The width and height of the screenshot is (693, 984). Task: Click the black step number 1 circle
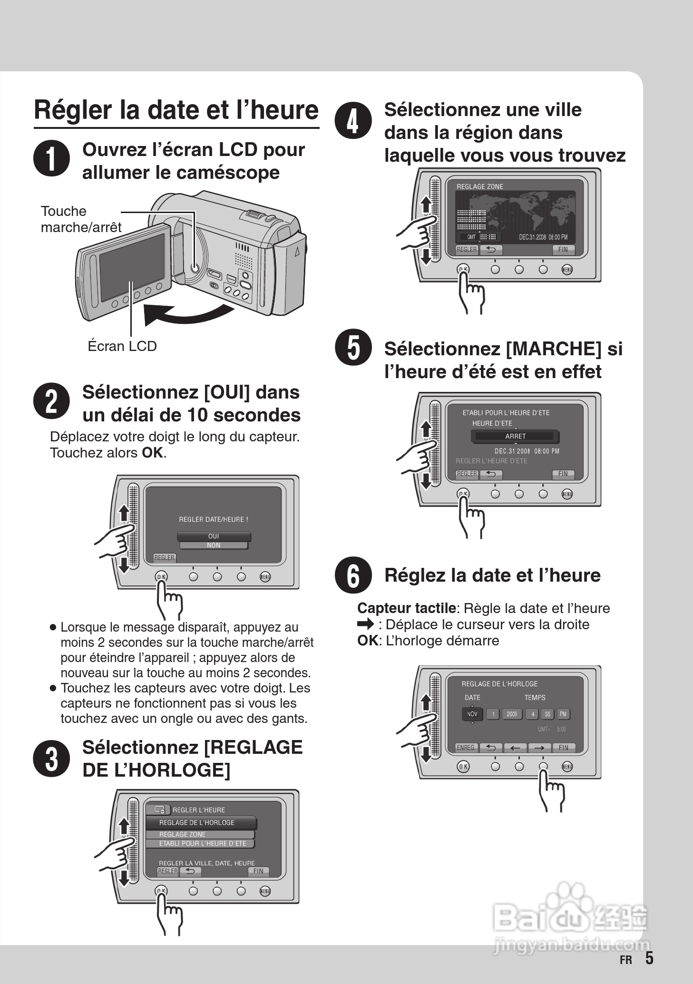(x=51, y=159)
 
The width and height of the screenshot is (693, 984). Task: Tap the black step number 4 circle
(x=353, y=121)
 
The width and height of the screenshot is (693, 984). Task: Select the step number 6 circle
(x=353, y=575)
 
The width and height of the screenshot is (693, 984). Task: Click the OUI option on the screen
(x=214, y=536)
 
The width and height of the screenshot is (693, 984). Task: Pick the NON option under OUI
(x=214, y=545)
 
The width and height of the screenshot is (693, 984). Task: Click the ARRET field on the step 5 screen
(x=515, y=436)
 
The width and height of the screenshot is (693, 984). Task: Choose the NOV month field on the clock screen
(x=472, y=714)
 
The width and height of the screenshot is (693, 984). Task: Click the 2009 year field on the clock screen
(x=512, y=714)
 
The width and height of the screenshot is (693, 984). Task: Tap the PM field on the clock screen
(x=563, y=714)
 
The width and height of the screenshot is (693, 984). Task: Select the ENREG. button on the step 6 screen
(x=466, y=748)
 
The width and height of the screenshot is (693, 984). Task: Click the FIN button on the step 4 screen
(x=563, y=249)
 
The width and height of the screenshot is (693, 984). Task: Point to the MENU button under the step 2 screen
(x=265, y=577)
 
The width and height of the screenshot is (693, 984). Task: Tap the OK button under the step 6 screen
(x=463, y=766)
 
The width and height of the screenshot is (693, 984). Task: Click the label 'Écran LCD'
(x=122, y=346)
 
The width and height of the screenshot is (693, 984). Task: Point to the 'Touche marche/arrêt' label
(x=81, y=219)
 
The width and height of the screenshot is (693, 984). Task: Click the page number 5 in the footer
(x=649, y=958)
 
